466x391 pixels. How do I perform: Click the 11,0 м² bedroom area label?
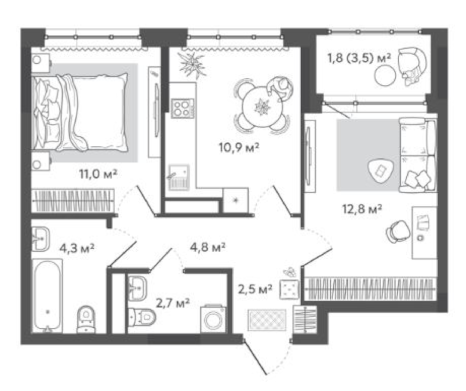98,174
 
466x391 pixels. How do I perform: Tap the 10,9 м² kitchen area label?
239,148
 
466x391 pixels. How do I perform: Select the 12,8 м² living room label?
362,209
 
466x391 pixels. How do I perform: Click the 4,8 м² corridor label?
207,247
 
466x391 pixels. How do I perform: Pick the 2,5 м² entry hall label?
255,289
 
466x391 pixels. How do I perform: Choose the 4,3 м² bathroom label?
77,248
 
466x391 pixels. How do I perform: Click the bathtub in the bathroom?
47,295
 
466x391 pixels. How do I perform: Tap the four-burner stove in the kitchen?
182,108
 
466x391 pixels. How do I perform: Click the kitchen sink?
179,177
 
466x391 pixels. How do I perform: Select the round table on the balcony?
385,75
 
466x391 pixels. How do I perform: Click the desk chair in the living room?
397,232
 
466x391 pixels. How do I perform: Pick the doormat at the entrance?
267,320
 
